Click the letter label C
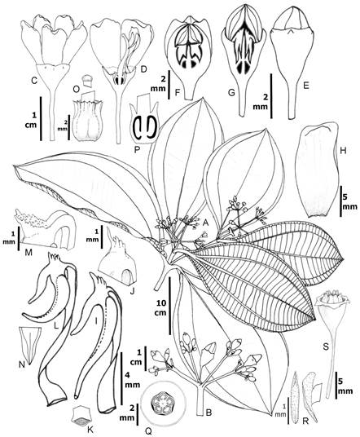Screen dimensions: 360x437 (x=34, y=81)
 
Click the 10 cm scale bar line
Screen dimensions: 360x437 (x=170, y=306)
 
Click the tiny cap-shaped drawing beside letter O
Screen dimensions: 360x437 (x=88, y=81)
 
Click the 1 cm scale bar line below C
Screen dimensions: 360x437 (x=41, y=118)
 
